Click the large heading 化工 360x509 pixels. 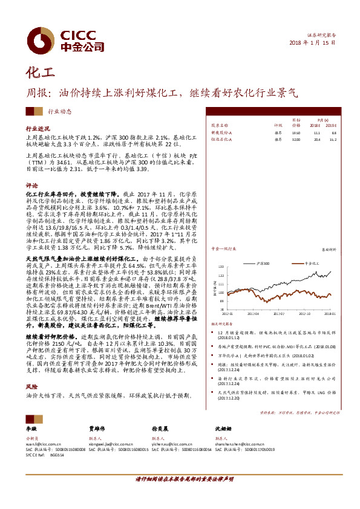(38, 74)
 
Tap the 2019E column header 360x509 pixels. (330, 126)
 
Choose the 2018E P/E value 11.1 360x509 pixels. (316, 132)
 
